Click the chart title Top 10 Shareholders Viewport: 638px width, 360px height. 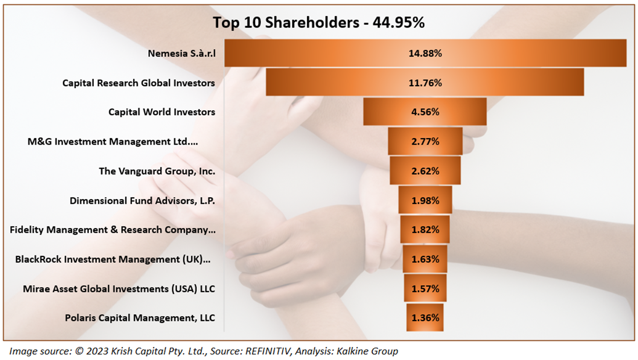[319, 23]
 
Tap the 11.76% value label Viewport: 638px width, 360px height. [425, 83]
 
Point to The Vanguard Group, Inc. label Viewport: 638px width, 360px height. [157, 171]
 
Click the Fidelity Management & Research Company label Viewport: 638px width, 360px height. [112, 230]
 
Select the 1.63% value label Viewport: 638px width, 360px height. [425, 259]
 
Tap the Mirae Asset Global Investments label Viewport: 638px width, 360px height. [119, 288]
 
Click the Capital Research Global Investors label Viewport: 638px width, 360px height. [139, 83]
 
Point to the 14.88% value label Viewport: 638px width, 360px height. [425, 53]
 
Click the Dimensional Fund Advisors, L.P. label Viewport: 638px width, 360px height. [142, 200]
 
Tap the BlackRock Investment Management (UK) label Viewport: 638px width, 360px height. [113, 259]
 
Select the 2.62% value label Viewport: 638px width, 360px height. [425, 171]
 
